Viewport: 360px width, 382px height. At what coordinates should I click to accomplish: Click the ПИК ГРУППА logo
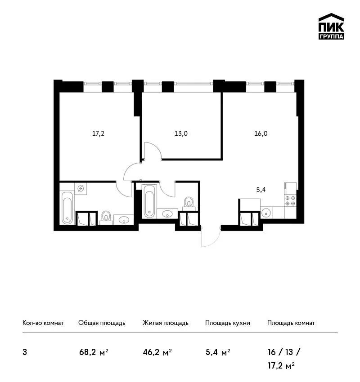coord(331,27)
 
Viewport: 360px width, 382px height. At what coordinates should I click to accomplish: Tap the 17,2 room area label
coord(98,133)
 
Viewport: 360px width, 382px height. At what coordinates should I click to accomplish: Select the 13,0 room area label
coord(181,133)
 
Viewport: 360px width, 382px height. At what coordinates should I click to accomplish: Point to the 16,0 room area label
coord(261,133)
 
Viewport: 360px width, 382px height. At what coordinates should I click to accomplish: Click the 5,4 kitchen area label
coord(261,190)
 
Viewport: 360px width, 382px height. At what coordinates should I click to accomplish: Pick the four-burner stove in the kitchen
coord(290,200)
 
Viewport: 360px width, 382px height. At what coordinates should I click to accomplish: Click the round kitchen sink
coord(266,213)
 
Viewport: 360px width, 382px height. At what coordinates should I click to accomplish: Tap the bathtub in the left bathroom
coord(67,208)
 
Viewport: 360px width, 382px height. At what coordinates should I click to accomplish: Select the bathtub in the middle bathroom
coord(149,201)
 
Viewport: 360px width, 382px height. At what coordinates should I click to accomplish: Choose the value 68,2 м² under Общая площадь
coord(94,352)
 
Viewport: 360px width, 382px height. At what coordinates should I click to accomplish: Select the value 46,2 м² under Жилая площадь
coord(157,352)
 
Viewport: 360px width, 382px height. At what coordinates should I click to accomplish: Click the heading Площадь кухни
coord(228,323)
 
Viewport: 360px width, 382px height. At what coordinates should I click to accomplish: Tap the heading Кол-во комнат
coord(43,323)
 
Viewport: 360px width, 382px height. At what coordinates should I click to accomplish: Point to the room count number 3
coord(25,352)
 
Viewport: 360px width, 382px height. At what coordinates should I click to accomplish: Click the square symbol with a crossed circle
coord(81,188)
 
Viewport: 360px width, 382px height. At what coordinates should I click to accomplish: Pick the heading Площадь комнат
coord(291,323)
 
